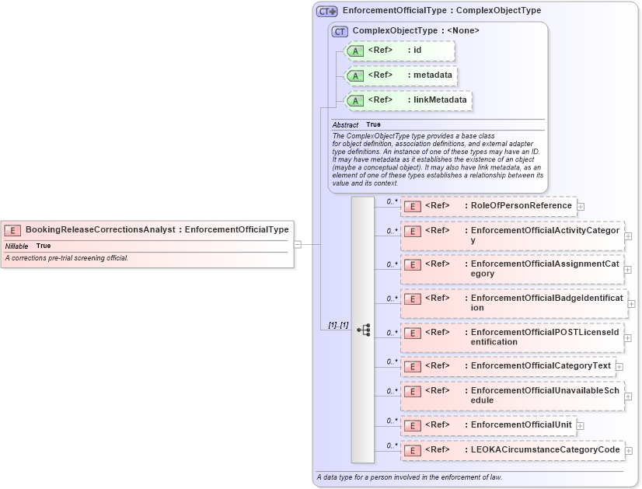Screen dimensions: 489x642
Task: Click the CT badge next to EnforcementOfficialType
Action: point(326,11)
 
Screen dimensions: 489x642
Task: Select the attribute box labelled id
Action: point(399,51)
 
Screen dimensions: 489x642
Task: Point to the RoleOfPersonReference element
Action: point(488,206)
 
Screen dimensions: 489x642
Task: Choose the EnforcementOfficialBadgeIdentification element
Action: point(513,302)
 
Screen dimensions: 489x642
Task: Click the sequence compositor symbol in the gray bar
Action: point(363,330)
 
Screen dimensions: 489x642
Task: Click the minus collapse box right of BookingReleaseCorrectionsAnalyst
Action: point(298,244)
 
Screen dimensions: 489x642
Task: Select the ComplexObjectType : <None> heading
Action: point(415,30)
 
